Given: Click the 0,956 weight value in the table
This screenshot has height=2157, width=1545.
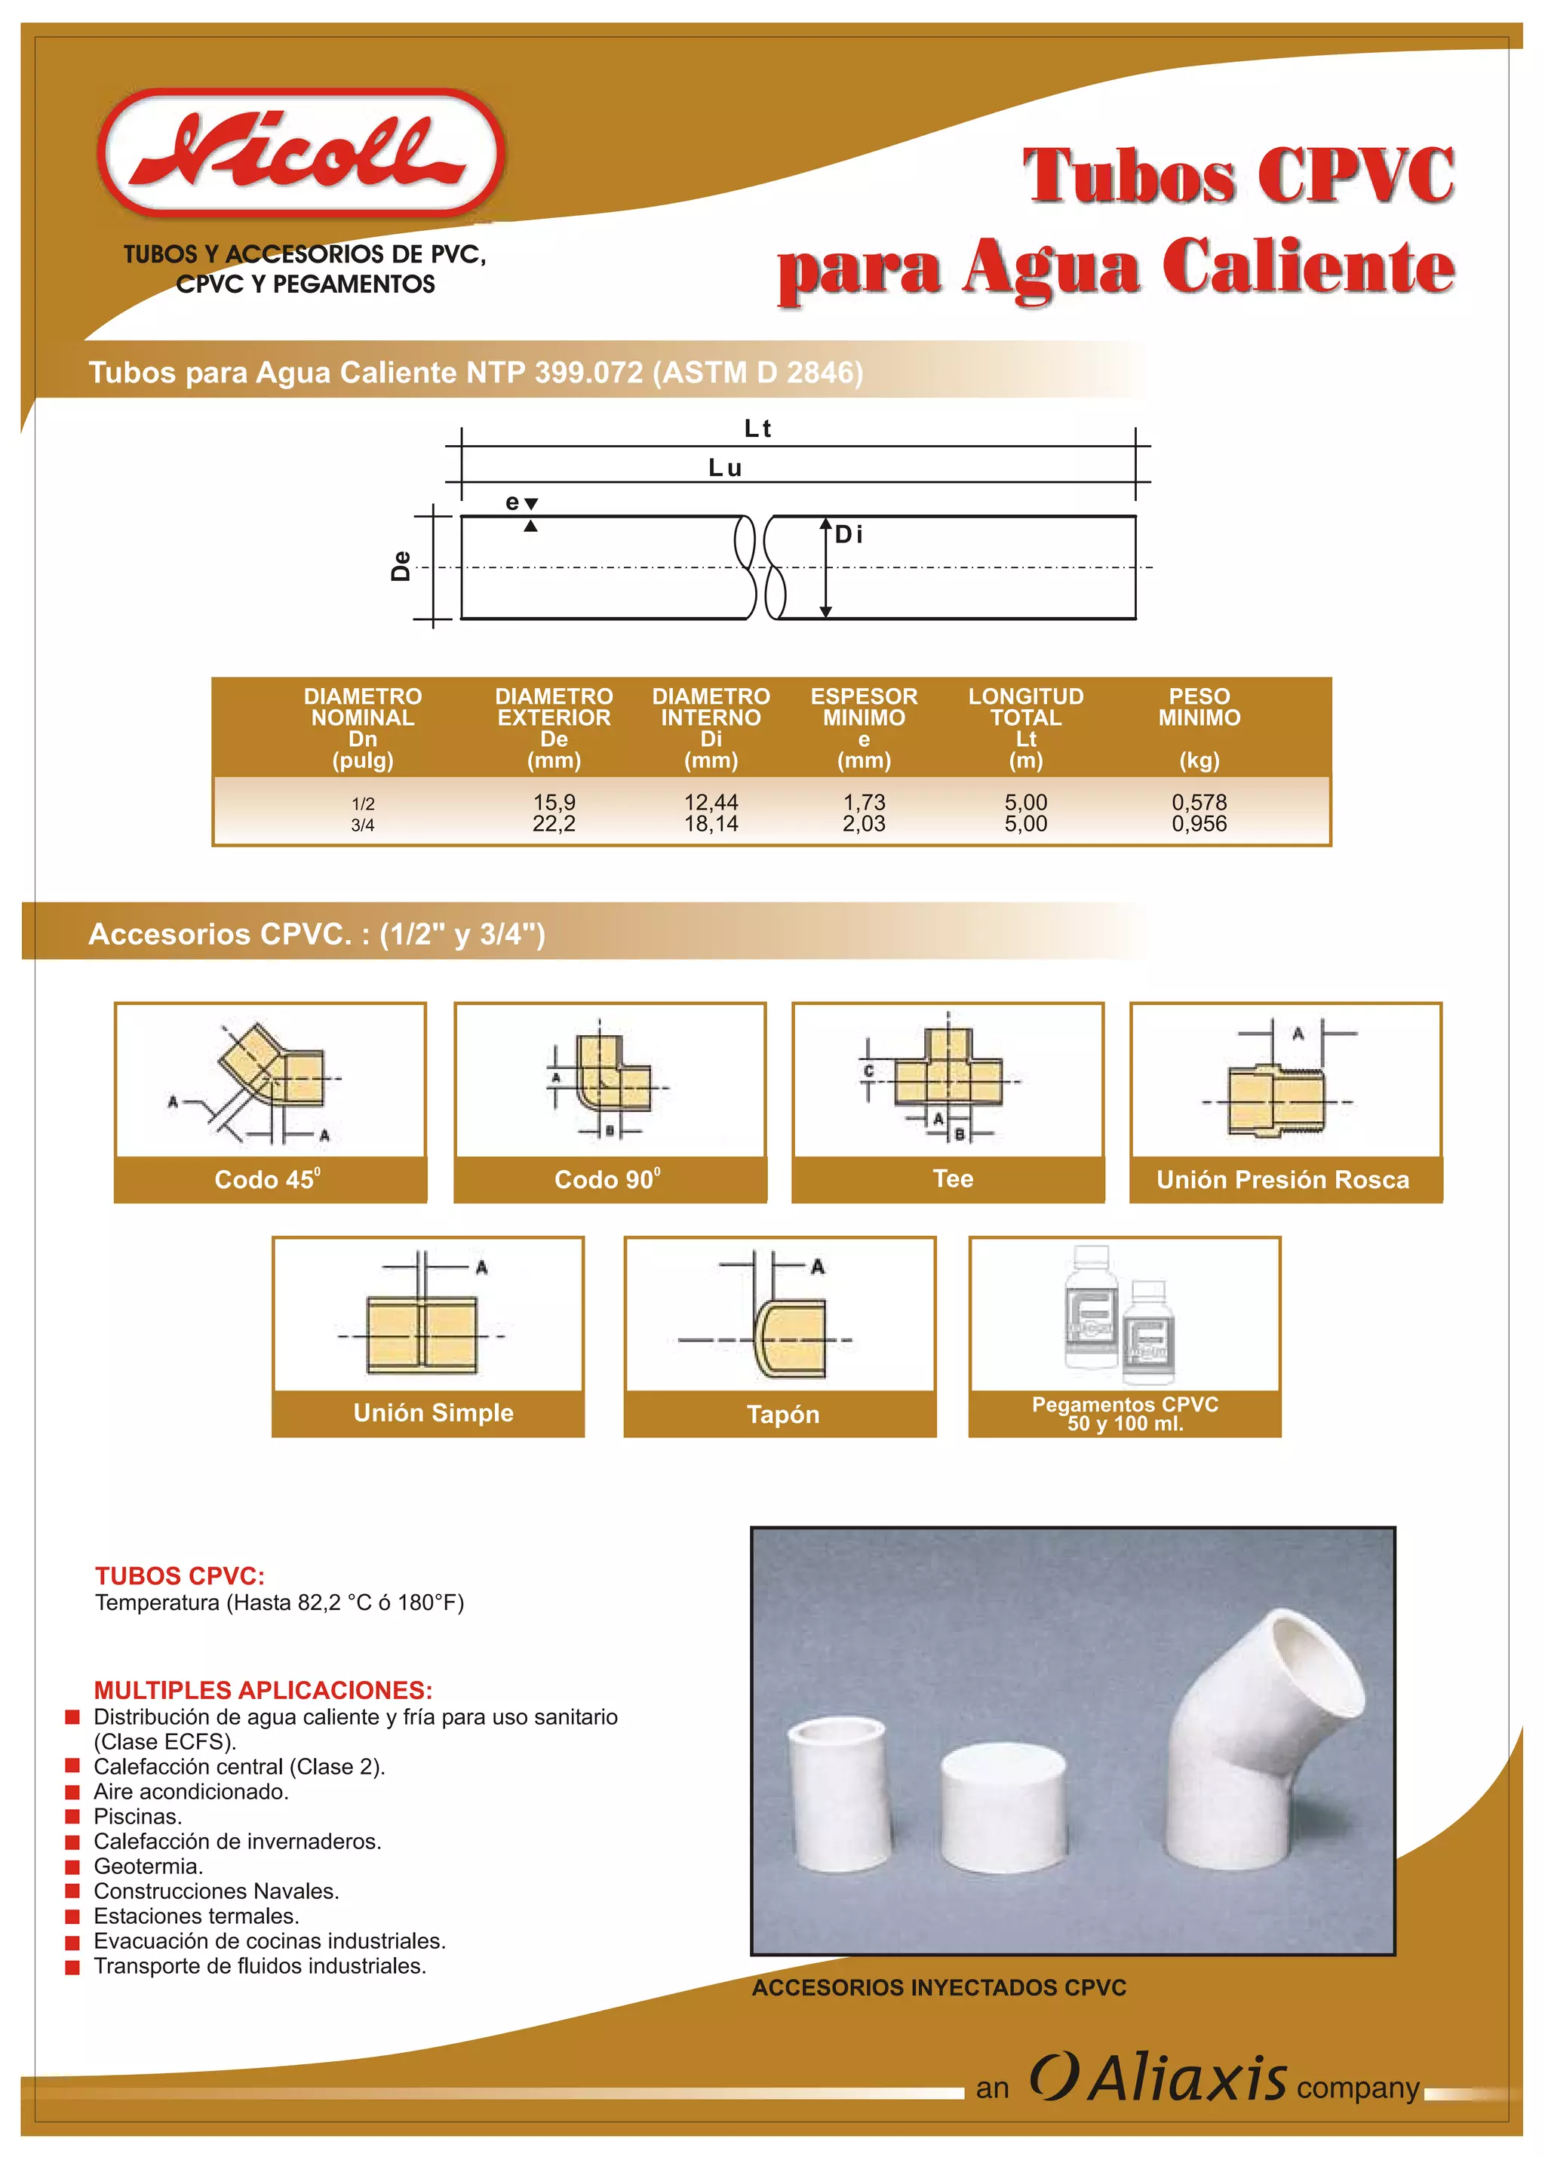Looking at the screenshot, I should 1198,824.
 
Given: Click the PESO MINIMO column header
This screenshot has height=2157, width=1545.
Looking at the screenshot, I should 1198,708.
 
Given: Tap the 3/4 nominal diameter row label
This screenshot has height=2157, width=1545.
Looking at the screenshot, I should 362,825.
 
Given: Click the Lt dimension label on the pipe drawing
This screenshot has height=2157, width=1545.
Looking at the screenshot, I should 757,429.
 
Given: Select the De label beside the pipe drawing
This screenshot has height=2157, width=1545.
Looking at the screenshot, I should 401,566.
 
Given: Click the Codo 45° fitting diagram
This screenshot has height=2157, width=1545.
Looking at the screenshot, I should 270,1081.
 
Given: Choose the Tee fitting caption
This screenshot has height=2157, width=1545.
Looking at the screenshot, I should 952,1178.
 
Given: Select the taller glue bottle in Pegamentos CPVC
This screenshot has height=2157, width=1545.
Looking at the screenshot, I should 1091,1307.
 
